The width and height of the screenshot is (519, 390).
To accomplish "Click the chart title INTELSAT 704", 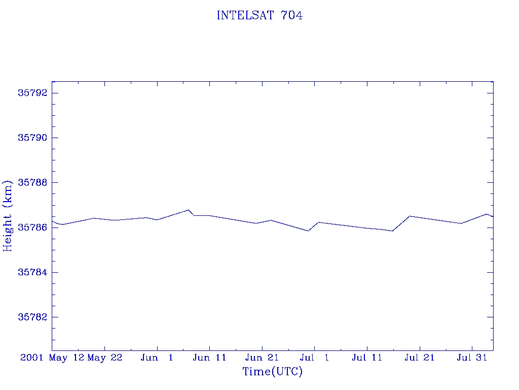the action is [259, 15].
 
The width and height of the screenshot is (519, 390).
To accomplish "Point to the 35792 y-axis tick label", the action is [32, 93].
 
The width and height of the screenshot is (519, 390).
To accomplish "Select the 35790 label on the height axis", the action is [32, 138].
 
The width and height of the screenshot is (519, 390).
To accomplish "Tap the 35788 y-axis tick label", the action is [32, 182].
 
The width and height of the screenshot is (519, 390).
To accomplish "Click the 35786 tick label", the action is [32, 227].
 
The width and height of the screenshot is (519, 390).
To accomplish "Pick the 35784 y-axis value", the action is [32, 272].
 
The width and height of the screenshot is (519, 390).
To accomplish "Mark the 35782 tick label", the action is [32, 317].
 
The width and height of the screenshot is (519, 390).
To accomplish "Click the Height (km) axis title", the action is [7, 216].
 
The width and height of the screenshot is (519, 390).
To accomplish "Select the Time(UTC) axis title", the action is [272, 371].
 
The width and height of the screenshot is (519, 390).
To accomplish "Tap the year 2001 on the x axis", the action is [32, 357].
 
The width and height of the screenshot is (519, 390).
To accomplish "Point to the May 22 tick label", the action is [105, 358].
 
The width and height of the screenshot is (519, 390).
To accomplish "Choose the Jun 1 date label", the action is [157, 357].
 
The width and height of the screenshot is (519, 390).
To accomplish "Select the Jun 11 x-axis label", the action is [209, 357].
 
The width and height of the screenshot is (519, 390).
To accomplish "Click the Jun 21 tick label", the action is [262, 357].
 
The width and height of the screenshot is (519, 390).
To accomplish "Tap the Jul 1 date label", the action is [314, 357].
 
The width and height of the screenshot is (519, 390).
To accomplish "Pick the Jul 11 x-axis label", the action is [367, 357].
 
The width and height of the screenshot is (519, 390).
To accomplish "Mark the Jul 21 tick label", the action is [419, 357].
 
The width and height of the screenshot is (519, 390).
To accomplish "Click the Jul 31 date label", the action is [472, 357].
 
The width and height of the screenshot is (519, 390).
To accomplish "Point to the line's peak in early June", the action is [189, 210].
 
